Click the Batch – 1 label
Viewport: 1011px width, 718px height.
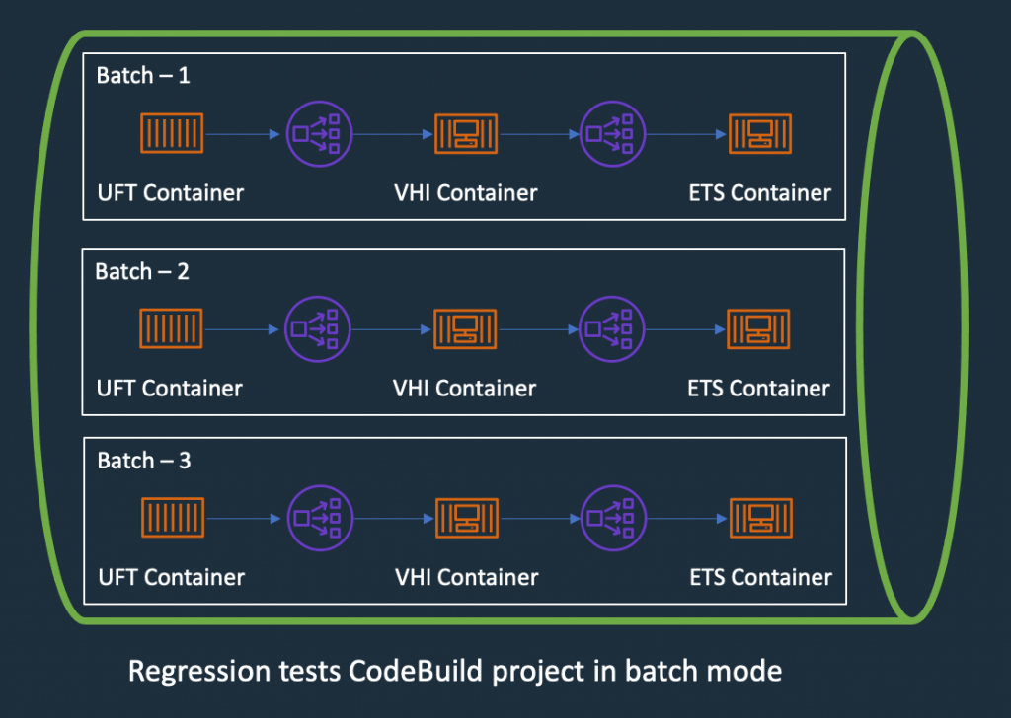point(142,76)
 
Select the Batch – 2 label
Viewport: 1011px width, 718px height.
point(142,271)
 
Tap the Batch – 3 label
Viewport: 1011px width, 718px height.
point(144,461)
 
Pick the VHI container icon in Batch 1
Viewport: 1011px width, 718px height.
point(466,133)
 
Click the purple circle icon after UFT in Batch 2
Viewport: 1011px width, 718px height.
point(317,328)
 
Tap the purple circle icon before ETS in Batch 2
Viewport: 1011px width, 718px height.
point(611,328)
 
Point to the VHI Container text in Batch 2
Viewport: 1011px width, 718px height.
point(465,388)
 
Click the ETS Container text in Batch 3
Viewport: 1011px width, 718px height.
point(760,577)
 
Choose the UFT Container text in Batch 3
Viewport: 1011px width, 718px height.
point(172,577)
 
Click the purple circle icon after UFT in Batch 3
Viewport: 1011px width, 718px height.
point(318,518)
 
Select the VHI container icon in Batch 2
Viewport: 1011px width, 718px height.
point(465,328)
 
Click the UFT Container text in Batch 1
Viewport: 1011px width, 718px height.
point(170,192)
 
